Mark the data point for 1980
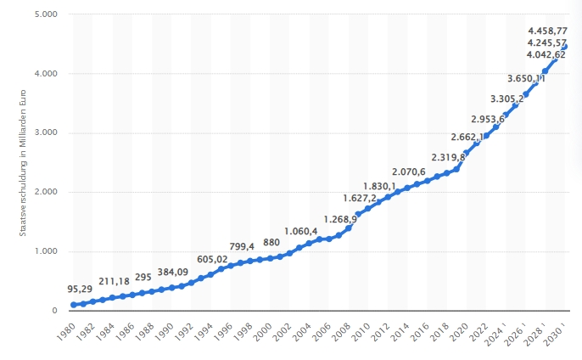(75, 305)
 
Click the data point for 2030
(565, 47)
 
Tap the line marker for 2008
(349, 228)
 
